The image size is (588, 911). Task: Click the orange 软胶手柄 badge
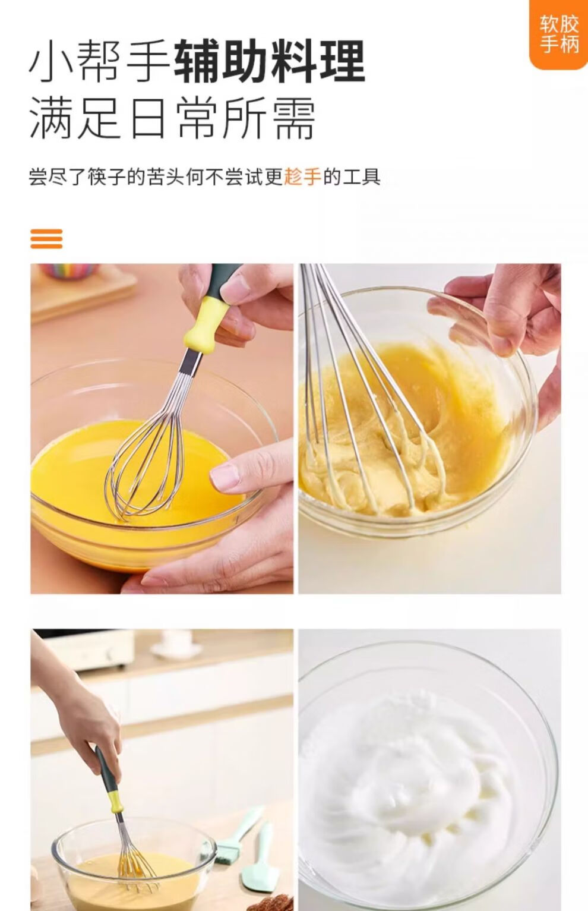[x=559, y=34]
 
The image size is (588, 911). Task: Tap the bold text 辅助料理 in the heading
[x=270, y=61]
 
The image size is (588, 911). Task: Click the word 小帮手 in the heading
[x=100, y=61]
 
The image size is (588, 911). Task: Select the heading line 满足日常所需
[x=172, y=118]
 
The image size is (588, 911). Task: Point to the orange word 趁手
[x=302, y=176]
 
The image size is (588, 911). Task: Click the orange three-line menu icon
[x=46, y=239]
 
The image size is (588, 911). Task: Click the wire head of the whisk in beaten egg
[x=144, y=455]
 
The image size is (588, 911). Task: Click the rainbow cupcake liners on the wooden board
[x=69, y=270]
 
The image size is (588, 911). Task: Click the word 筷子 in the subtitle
[x=107, y=176]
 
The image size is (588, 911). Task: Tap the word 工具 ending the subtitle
[x=361, y=176]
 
